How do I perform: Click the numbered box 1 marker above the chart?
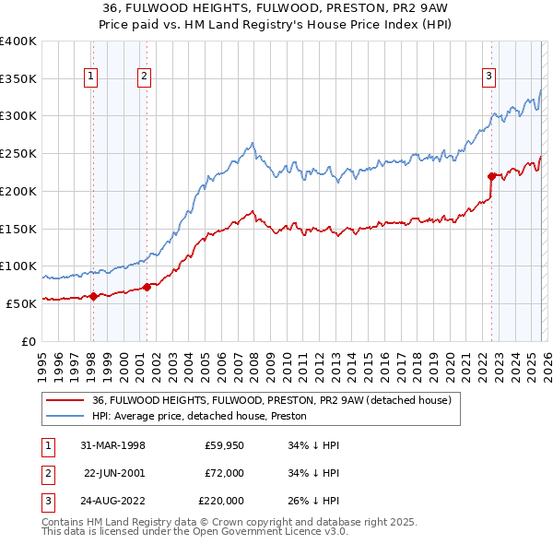coord(92,77)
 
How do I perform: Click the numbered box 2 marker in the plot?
coord(145,77)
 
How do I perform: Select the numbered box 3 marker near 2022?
coord(488,77)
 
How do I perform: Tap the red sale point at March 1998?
coord(93,296)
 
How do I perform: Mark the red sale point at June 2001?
coord(147,287)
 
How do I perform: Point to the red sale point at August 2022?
coord(491,175)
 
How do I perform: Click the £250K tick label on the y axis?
coord(18,154)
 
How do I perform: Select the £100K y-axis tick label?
coord(18,266)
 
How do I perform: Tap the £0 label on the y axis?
coord(28,341)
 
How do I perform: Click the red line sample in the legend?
coord(65,401)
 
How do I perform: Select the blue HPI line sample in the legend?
coord(65,417)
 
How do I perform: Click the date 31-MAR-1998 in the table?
coord(112,445)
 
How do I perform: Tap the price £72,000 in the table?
coord(223,473)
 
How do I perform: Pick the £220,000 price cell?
coord(220,501)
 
